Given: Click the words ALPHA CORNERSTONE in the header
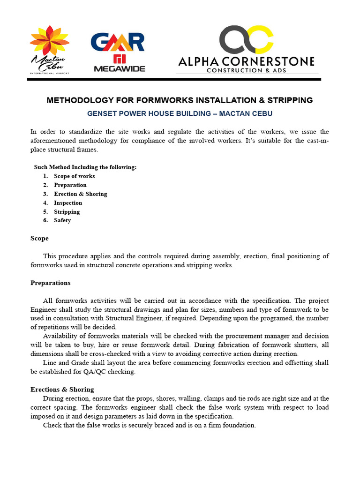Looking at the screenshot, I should coord(246,61).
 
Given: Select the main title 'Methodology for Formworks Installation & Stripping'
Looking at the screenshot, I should coord(180,100).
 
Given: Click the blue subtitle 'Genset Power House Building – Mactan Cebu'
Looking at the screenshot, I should coord(180,113).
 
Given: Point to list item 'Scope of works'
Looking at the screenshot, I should coord(74,176).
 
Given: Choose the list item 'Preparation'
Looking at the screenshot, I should coord(70,185).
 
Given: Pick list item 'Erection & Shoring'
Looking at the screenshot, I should coord(80,194).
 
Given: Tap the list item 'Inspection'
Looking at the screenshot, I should coord(68,203).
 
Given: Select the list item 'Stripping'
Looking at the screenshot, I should coord(67,212).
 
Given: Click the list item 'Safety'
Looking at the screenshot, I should coord(62,220).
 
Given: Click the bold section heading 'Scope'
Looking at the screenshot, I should coord(39,238).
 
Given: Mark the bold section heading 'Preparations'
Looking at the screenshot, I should coord(51,283).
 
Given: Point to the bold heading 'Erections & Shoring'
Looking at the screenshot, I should coord(62,390).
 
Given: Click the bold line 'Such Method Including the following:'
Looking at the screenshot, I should coord(85,167).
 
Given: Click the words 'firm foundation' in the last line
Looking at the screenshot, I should coord(231,425).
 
